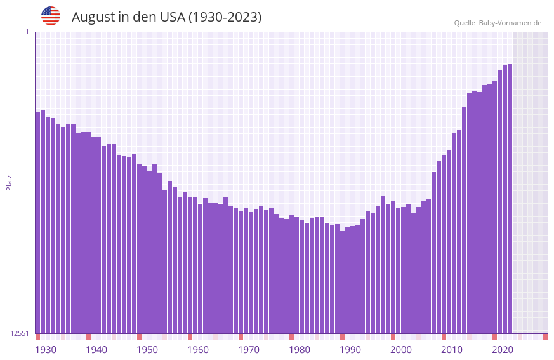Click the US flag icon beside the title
51,16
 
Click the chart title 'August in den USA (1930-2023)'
166,17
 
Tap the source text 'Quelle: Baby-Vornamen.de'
498,23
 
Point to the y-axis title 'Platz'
9,182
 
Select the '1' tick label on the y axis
27,32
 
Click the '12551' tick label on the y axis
20,333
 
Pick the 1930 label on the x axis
46,350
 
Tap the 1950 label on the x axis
147,350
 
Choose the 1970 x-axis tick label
249,350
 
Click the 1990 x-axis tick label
350,350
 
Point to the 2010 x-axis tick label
452,350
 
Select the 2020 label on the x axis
503,350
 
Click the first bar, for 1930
37,222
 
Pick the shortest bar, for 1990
342,282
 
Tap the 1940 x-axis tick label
96,350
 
